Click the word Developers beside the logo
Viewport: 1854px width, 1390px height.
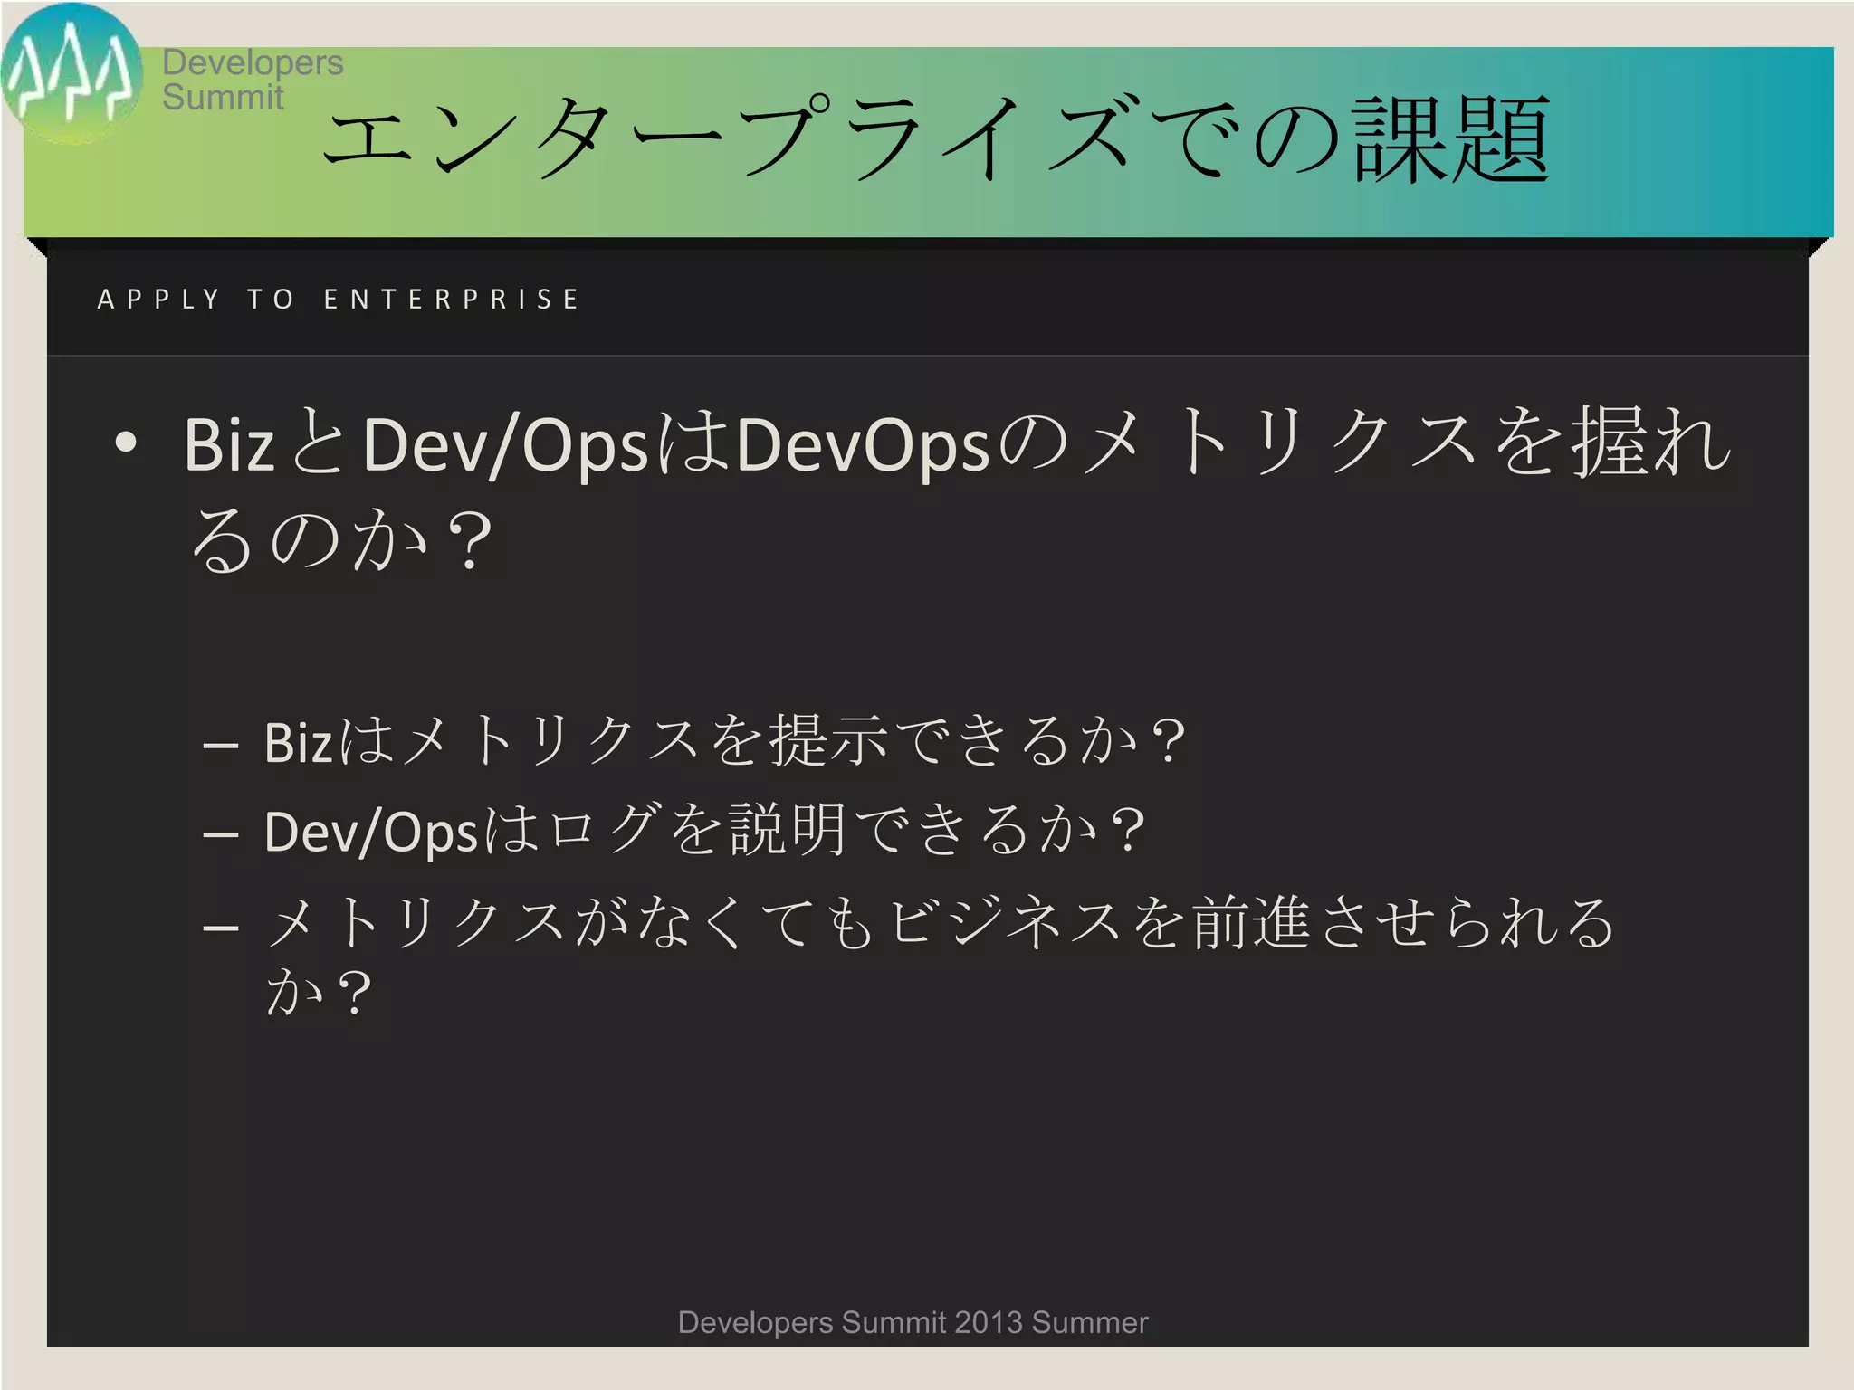(253, 62)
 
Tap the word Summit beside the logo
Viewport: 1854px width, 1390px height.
(223, 97)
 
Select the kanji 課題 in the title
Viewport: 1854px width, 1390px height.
(1451, 140)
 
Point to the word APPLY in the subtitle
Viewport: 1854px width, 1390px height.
(158, 300)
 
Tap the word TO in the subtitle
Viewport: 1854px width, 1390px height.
(271, 300)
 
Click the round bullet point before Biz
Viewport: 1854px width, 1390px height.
(126, 442)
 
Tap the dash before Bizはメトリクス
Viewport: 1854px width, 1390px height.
(221, 747)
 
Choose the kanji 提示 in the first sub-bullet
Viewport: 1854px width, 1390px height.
(828, 740)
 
